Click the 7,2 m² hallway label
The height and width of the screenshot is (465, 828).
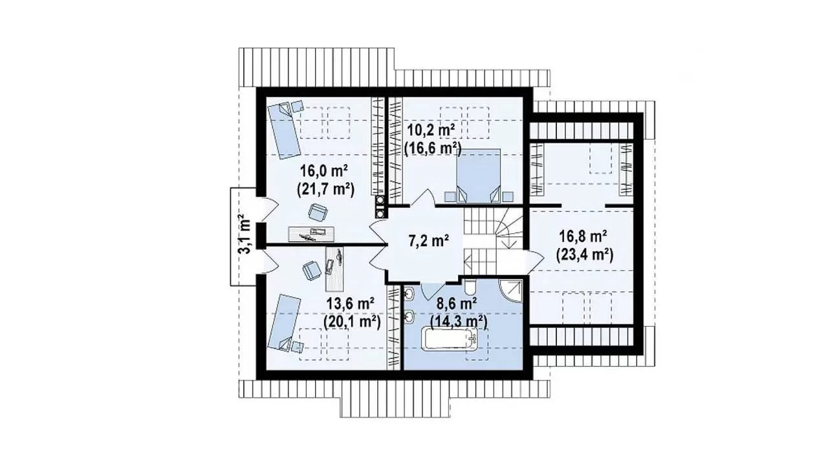pos(429,241)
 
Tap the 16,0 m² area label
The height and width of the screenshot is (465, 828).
pos(324,171)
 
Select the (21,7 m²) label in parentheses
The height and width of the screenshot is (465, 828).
pos(325,189)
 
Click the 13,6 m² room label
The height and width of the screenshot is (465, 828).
pos(351,304)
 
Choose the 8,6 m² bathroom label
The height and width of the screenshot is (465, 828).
pos(457,304)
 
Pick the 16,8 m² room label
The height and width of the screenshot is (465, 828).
pos(583,236)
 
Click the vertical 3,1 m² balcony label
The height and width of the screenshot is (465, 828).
pos(245,234)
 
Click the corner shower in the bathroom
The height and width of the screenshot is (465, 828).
pos(511,291)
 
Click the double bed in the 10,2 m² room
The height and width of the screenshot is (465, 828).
pos(478,176)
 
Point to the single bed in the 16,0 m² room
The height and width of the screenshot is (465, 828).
pos(284,130)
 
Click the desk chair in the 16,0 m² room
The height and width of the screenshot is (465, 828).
pos(318,213)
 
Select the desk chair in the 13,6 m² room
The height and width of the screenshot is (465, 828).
pos(311,271)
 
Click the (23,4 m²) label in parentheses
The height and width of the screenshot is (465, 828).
pos(585,255)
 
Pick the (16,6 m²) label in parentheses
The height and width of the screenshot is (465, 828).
pos(433,149)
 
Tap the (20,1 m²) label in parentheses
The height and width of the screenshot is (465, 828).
pos(353,322)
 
